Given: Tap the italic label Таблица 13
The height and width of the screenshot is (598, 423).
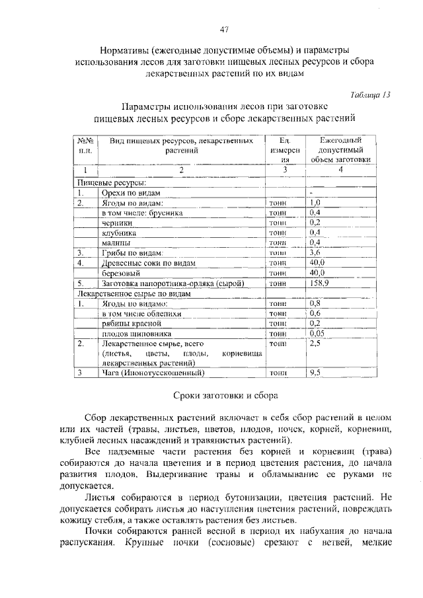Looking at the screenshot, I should click(x=370, y=94).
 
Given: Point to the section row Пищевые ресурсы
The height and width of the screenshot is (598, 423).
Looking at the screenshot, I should click(x=112, y=182).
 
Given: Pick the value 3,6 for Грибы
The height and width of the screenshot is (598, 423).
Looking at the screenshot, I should click(x=315, y=253).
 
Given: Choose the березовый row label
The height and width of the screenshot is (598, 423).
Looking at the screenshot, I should click(x=122, y=273).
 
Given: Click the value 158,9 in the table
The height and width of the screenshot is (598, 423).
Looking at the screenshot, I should click(x=319, y=283).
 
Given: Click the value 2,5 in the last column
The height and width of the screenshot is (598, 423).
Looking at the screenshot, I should click(x=315, y=344).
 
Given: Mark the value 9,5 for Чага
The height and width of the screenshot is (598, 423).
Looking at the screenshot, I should click(x=315, y=373).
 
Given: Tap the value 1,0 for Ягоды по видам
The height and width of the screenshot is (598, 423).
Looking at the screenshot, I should click(x=315, y=203).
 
